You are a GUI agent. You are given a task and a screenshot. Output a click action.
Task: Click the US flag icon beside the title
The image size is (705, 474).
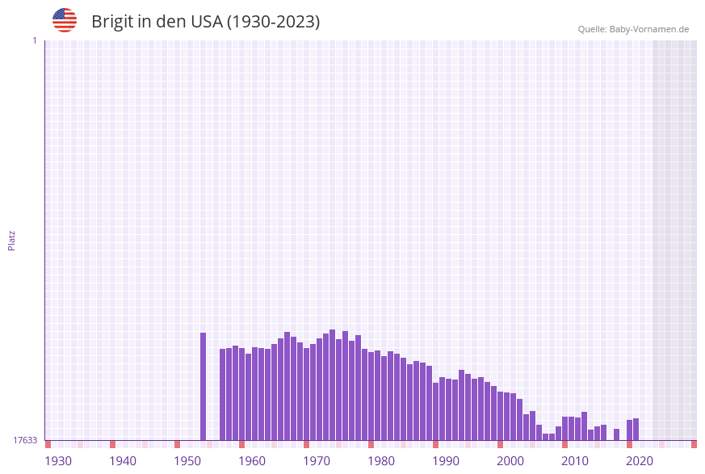(65, 20)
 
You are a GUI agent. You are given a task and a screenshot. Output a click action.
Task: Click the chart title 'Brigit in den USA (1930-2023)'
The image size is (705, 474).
(205, 22)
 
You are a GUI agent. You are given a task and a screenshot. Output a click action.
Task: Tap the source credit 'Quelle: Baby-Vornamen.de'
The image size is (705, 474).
(633, 29)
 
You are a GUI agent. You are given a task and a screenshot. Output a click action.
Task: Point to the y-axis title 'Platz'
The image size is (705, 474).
(12, 240)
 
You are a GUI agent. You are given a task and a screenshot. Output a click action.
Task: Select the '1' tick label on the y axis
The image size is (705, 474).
(34, 40)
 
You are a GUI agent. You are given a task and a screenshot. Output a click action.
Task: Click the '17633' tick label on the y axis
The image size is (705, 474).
(25, 440)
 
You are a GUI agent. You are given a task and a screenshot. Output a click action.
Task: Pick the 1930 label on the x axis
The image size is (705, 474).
(58, 461)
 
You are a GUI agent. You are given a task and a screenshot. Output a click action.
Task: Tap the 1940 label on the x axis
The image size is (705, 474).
(123, 461)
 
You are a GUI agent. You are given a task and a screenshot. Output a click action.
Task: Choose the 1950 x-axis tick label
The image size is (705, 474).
(187, 461)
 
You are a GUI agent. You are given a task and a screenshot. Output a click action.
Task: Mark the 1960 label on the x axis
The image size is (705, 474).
(252, 461)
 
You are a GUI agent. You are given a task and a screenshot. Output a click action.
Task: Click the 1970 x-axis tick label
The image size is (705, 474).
(317, 461)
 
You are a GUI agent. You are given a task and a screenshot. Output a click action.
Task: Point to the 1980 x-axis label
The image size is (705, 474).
(381, 461)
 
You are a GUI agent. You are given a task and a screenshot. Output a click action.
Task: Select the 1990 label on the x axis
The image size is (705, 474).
(446, 461)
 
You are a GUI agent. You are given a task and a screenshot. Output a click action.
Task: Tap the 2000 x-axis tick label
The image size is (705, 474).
(510, 461)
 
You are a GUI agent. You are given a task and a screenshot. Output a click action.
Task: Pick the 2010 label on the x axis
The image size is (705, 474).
(575, 461)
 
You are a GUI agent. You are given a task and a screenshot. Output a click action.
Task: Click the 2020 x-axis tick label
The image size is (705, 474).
(640, 461)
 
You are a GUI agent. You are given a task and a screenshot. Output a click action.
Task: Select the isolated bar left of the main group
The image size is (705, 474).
(204, 386)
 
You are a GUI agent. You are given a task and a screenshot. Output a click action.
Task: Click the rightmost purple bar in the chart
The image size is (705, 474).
(636, 429)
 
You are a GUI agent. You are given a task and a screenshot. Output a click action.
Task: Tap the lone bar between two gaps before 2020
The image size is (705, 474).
(617, 434)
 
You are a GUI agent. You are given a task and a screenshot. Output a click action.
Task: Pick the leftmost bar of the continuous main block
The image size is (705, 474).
(223, 394)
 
